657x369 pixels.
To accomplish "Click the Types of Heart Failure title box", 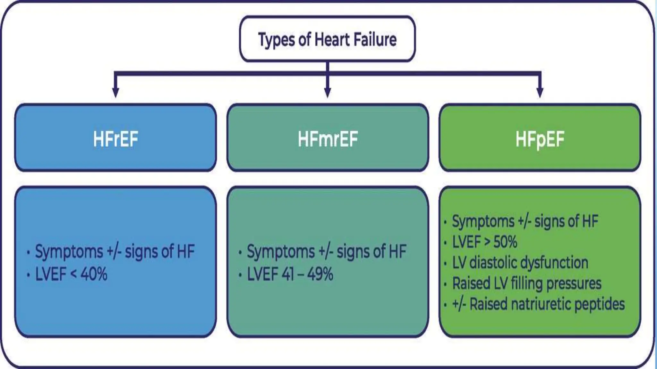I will (327, 39).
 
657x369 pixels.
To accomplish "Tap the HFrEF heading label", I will (115, 139).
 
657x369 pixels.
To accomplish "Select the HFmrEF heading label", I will (328, 139).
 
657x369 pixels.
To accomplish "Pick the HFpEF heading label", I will (540, 139).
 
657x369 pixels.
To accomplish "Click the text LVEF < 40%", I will (71, 275).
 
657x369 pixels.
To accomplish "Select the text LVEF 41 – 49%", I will (290, 275).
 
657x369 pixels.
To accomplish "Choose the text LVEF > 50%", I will (484, 242).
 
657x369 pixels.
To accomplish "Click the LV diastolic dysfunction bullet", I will (520, 263).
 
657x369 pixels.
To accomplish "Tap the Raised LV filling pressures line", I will (526, 283).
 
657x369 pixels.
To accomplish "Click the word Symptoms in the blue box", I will (69, 251).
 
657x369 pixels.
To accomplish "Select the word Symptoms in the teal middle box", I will (280, 251).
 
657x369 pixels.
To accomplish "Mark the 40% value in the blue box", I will (94, 275).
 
